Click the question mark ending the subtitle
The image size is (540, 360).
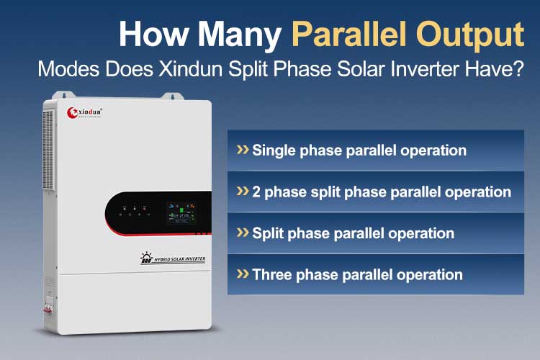(518, 69)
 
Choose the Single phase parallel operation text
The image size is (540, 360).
(359, 150)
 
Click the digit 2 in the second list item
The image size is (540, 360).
(257, 192)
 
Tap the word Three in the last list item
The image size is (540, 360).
(272, 274)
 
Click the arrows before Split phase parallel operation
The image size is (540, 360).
(243, 233)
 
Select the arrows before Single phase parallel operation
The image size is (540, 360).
(243, 150)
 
